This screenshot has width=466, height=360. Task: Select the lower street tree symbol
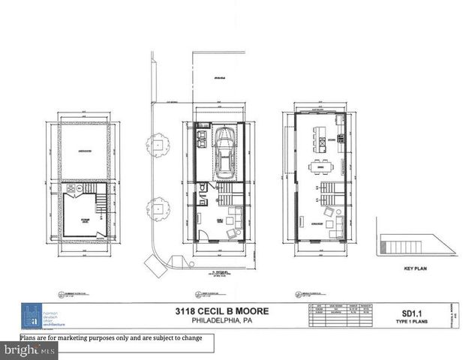click(158, 208)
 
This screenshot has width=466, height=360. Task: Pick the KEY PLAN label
click(415, 268)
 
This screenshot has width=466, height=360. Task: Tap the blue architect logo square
click(32, 316)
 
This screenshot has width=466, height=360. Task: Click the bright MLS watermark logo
click(29, 350)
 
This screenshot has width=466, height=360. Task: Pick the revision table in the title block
click(342, 315)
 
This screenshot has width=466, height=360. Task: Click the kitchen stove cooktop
click(340, 137)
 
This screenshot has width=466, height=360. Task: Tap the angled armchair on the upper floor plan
click(328, 213)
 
